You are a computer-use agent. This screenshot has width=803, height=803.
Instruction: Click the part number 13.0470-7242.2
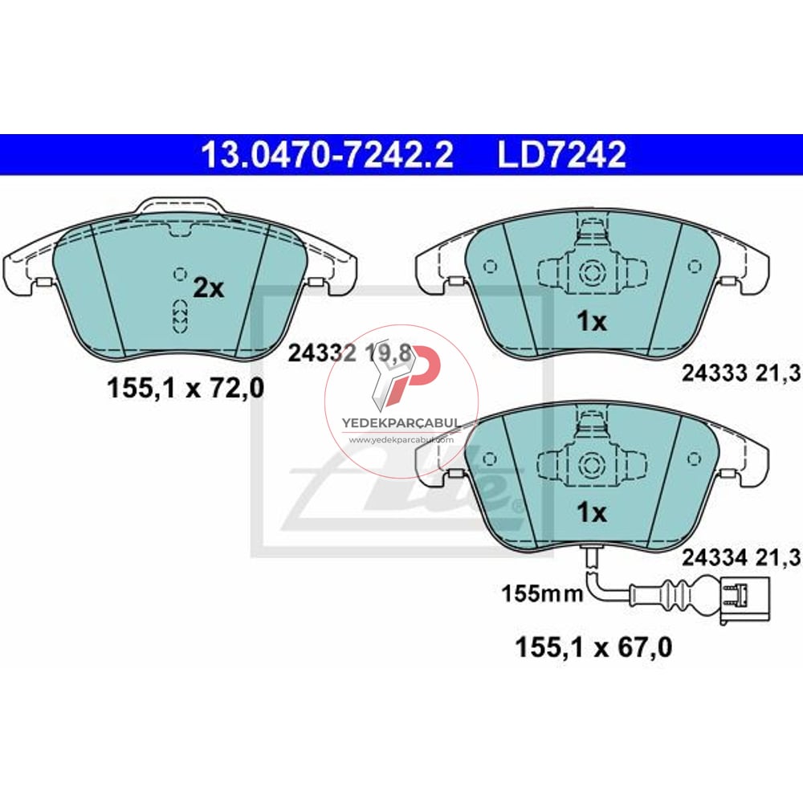tap(327, 155)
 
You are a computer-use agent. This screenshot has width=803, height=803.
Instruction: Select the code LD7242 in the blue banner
tap(561, 155)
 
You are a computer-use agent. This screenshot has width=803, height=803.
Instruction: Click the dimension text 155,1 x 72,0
tap(185, 389)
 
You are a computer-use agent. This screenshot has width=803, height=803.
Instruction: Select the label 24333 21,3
tap(731, 372)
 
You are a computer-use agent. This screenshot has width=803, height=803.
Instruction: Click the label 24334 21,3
tap(731, 556)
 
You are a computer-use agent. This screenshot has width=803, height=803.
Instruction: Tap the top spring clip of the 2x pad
tap(179, 208)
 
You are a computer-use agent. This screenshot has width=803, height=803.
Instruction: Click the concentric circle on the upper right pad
tap(593, 271)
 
